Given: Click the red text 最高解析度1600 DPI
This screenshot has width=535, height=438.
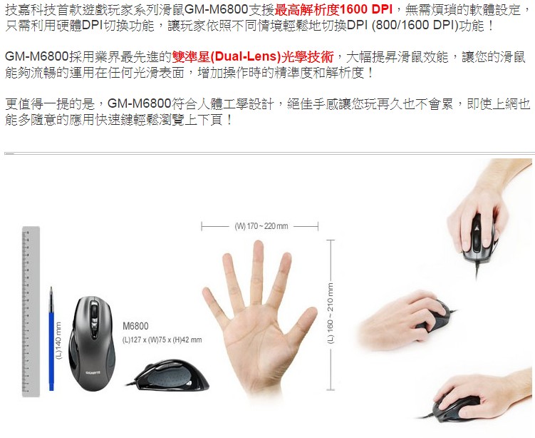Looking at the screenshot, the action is pyautogui.click(x=333, y=9).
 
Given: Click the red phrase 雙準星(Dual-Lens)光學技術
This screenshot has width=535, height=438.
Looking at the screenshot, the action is pyautogui.click(x=252, y=57).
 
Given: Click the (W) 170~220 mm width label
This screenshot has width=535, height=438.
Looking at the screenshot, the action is pyautogui.click(x=261, y=226).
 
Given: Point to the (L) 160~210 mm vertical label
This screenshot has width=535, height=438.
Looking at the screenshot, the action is pyautogui.click(x=331, y=313).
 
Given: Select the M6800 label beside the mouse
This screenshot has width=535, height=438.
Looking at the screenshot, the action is pyautogui.click(x=135, y=326).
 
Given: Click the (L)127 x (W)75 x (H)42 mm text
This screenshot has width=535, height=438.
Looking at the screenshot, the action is pyautogui.click(x=162, y=340).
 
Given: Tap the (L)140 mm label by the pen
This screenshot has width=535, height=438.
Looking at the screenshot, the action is pyautogui.click(x=59, y=341).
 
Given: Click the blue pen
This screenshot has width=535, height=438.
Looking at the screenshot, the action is pyautogui.click(x=51, y=339).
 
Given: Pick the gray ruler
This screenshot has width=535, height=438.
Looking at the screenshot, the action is pyautogui.click(x=31, y=311).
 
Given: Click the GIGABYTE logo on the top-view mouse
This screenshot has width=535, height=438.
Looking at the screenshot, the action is pyautogui.click(x=93, y=372).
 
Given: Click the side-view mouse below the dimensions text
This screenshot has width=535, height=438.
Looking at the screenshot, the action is pyautogui.click(x=169, y=375).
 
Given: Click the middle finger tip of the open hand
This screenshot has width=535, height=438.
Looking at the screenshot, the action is pyautogui.click(x=259, y=245).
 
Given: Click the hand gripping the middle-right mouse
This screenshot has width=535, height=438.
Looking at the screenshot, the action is pyautogui.click(x=402, y=320).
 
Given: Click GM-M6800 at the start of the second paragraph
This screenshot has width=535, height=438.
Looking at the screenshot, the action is pyautogui.click(x=37, y=57).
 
